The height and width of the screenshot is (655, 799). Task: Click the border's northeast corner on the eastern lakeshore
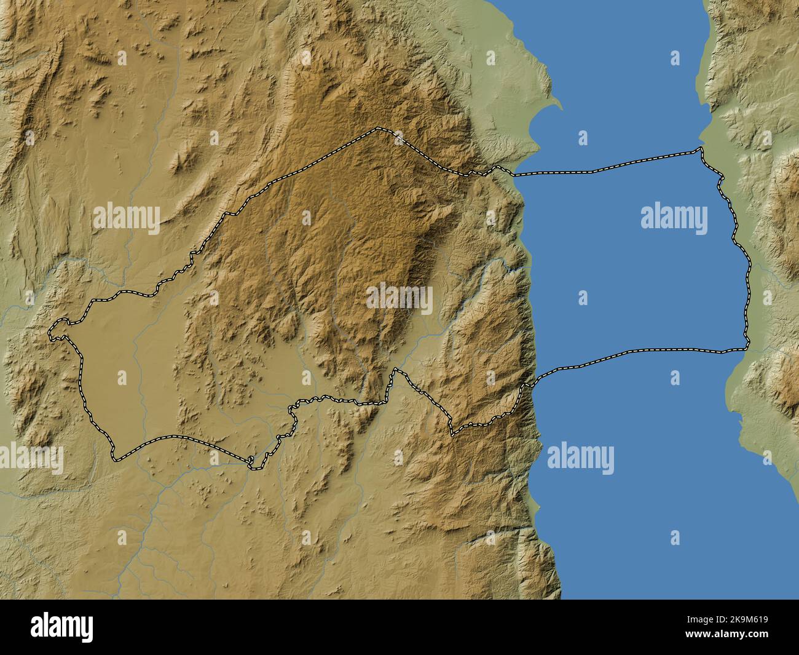coord(699,149)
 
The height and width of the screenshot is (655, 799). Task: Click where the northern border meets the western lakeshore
coord(514,174)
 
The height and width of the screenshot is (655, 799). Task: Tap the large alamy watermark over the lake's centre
coord(674,218)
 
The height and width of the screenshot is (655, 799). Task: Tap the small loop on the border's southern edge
coord(251,462)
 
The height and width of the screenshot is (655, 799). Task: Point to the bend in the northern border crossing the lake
coord(591,171)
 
